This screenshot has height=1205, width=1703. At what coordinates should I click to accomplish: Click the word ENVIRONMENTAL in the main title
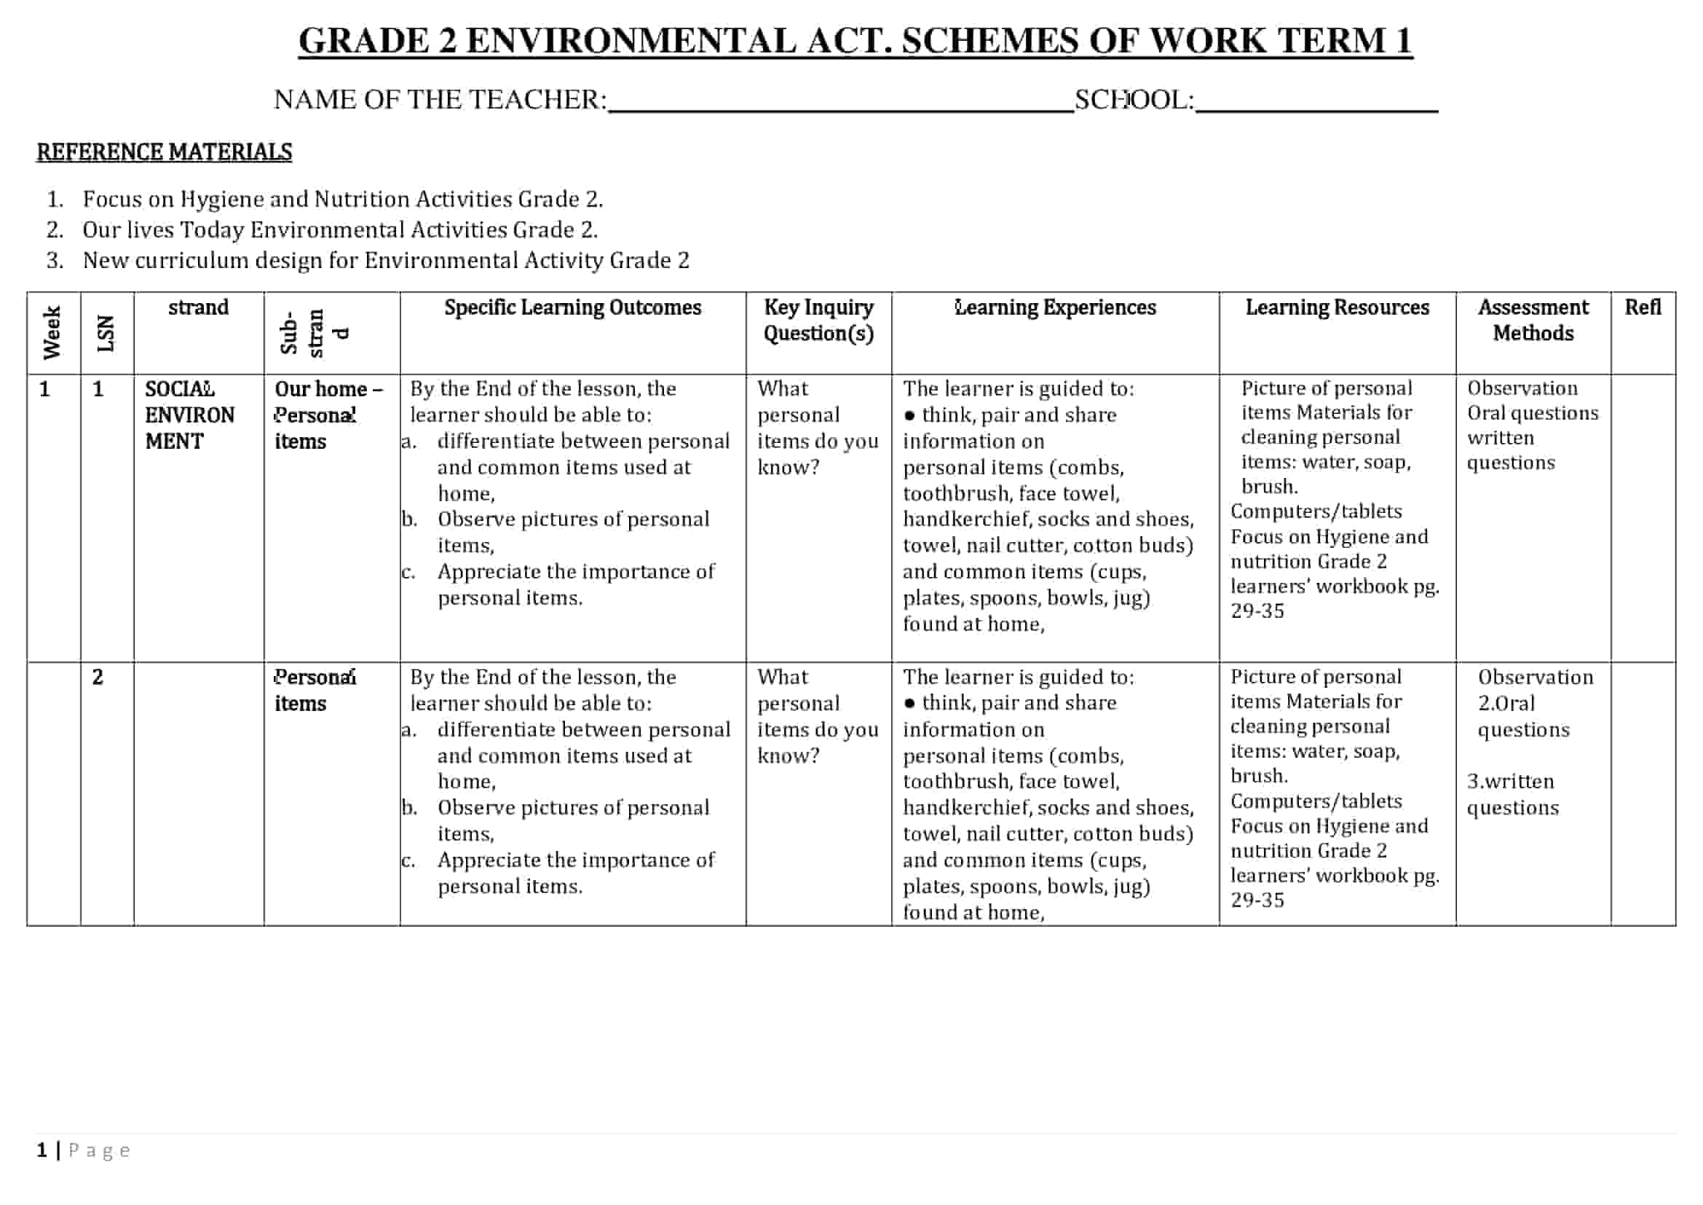pos(631,41)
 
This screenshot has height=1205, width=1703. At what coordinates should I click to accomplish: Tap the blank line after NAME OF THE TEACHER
pos(839,104)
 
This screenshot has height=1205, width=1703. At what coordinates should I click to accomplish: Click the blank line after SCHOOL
pos(1316,104)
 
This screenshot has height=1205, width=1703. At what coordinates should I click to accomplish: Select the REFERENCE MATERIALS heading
pos(164,152)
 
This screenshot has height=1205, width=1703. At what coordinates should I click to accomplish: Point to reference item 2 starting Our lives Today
pos(340,230)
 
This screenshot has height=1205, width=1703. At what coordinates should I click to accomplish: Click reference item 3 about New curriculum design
pos(386,260)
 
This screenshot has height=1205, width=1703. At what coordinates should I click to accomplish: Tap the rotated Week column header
pos(52,332)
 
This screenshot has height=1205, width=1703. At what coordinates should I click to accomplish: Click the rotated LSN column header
pos(106,332)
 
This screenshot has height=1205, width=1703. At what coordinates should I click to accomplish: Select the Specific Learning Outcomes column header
pos(572,307)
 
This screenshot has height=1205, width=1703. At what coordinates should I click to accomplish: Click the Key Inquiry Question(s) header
pos(818,320)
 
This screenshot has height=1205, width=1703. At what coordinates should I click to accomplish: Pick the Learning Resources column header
pos(1337,307)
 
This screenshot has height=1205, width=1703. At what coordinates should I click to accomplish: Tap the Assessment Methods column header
pos(1533,320)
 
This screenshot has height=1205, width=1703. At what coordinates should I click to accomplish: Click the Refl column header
pos(1642,307)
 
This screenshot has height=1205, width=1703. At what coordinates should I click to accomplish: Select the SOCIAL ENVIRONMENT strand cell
pos(189,415)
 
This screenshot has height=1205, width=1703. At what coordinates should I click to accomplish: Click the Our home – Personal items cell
pos(328,415)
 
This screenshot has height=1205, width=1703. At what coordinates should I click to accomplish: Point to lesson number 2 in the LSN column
pos(98,677)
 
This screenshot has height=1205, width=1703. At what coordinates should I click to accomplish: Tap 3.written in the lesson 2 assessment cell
pos(1510,781)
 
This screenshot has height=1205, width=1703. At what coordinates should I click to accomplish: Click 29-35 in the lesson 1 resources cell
pos(1257,611)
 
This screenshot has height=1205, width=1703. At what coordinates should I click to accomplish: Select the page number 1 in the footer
pos(42,1150)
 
